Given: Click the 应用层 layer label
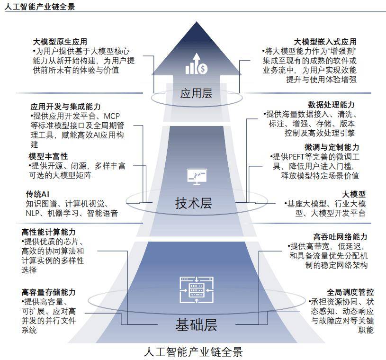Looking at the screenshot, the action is [196, 93].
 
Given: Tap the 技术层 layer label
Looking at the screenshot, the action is [194, 203].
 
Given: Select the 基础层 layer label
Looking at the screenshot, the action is [196, 324].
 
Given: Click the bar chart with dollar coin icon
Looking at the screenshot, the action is [197, 64].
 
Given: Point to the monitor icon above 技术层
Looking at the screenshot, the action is [197, 177].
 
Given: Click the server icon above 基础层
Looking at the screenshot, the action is [197, 290].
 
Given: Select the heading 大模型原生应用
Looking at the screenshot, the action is [60, 42].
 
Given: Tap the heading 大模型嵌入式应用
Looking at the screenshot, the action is [325, 42].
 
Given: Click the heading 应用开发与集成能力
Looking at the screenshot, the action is [65, 107].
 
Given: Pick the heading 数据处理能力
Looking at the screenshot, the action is [331, 105].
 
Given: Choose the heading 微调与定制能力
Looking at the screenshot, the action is [332, 147].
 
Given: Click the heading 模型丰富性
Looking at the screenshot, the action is [48, 156].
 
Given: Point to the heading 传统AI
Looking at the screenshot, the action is [37, 194].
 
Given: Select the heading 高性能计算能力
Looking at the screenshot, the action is [48, 232].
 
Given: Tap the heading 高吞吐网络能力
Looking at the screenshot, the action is [340, 237].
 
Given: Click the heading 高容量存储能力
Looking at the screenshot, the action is [48, 292].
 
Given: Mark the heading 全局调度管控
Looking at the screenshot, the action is [350, 292].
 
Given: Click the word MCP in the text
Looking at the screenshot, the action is [112, 116].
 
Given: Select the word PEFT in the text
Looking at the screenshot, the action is [296, 157].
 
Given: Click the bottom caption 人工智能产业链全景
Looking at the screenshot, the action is [193, 352].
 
